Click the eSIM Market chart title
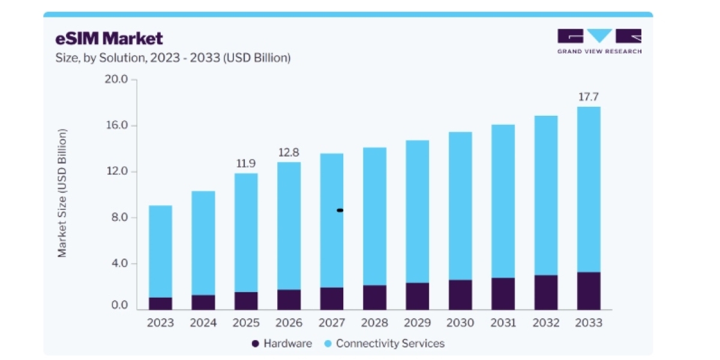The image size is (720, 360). [x=109, y=38]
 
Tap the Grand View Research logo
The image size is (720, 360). [x=599, y=41]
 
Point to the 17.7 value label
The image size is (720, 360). [x=589, y=97]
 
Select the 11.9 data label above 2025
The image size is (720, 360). [x=246, y=163]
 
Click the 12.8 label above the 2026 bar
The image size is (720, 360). [x=289, y=152]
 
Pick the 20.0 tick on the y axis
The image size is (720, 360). [x=116, y=79]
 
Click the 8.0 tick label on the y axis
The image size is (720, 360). [x=119, y=217]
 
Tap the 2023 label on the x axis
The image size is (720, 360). [x=160, y=322]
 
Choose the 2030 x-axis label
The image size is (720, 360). [x=460, y=322]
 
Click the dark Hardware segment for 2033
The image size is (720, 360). [x=589, y=291]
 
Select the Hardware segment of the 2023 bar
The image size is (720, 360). [x=160, y=304]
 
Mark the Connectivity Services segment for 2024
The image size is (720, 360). [x=203, y=243]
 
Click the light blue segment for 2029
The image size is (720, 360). [x=417, y=211]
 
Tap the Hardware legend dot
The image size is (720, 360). [x=256, y=344]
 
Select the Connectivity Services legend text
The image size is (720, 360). [x=390, y=344]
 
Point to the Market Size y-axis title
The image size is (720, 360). [x=62, y=193]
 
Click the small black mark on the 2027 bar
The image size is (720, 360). [x=340, y=211]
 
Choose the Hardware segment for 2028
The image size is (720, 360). [x=375, y=298]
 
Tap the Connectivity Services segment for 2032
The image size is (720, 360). [x=546, y=196]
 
